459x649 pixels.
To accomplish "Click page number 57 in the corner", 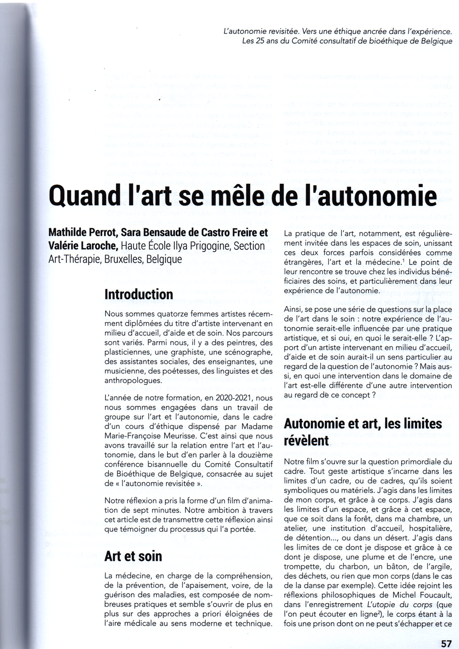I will (446, 643).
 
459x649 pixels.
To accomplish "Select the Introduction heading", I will (139, 294).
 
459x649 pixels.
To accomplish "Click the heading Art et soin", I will (133, 556).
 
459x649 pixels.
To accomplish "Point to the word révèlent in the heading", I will (306, 440).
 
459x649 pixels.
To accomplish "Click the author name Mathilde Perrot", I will (81, 233).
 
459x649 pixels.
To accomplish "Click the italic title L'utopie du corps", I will (399, 605).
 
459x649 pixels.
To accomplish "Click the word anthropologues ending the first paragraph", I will (133, 381).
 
